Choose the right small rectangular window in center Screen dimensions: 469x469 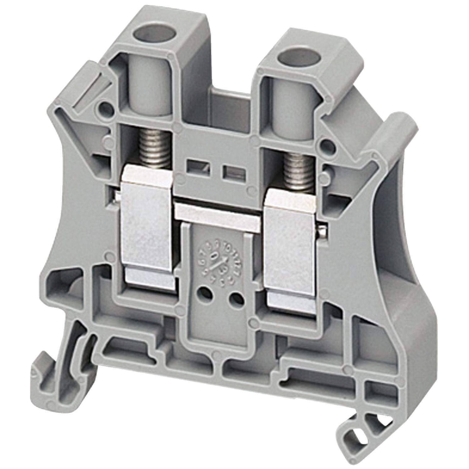pos(229,171)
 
